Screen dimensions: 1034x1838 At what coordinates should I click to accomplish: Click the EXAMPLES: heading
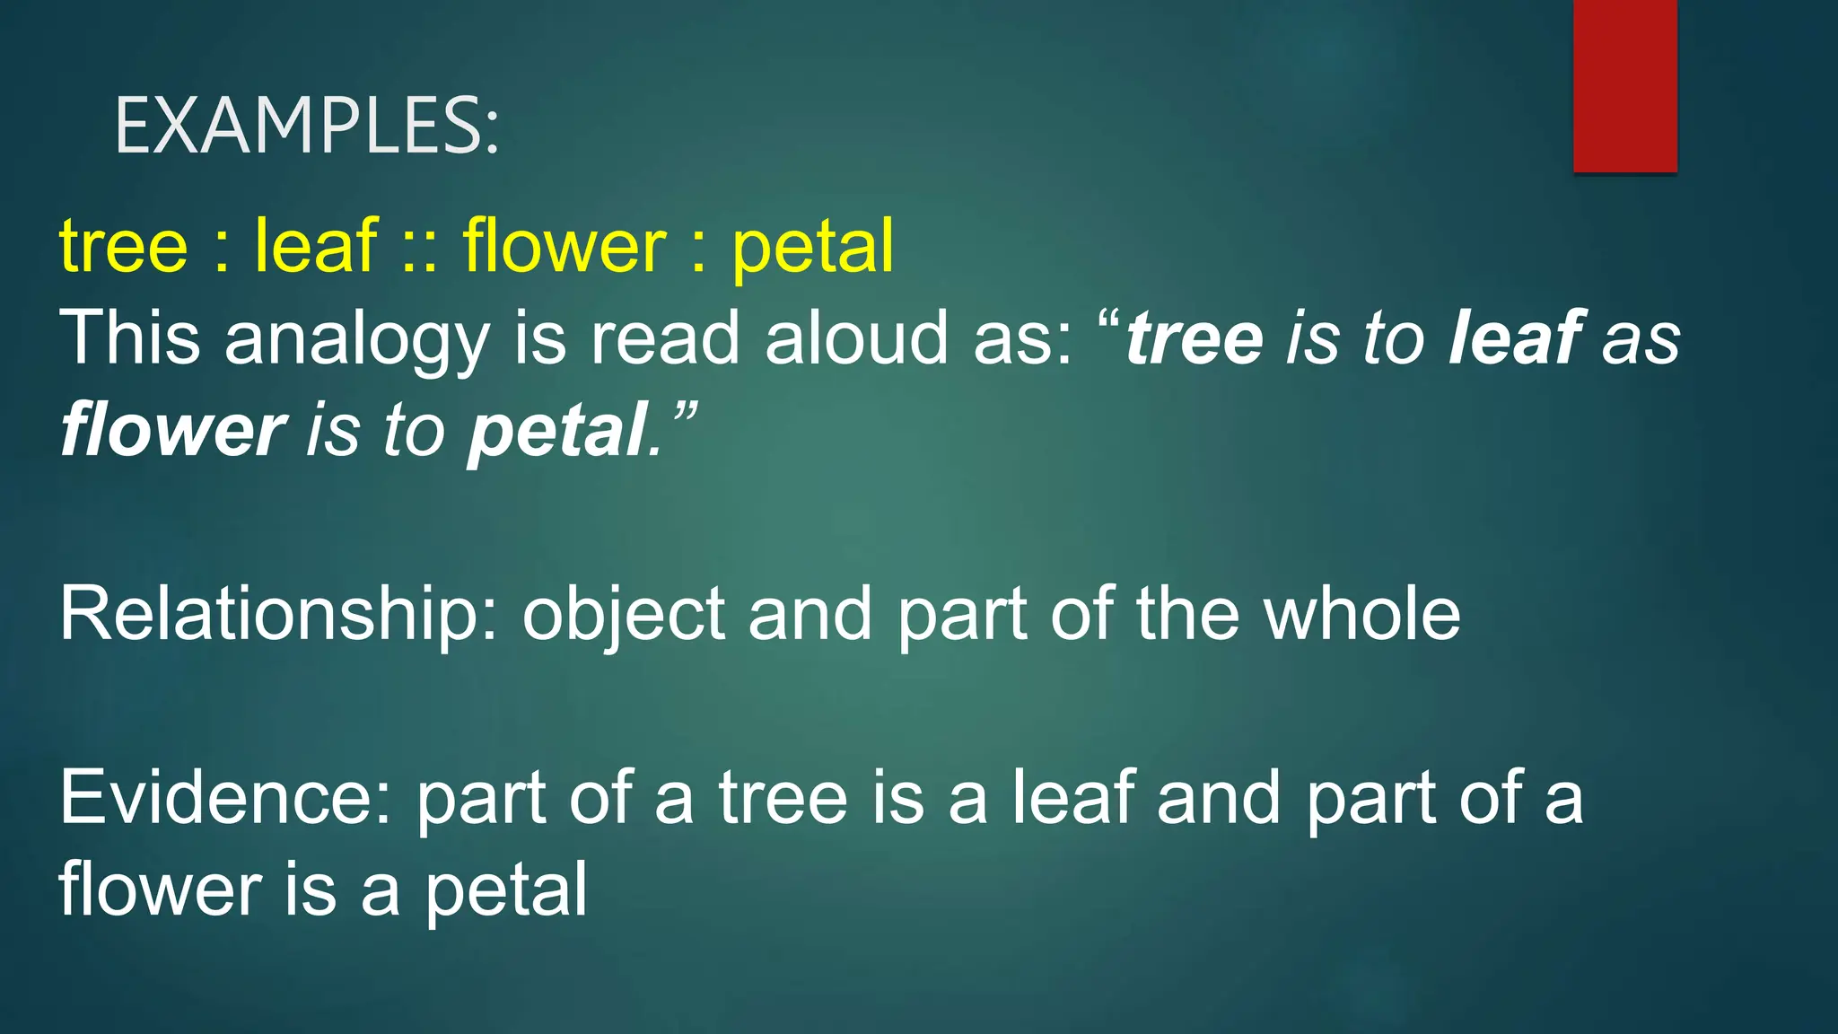(306, 127)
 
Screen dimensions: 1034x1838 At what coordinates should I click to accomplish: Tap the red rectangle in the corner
(1624, 85)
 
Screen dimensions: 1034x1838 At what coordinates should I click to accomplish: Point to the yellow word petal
(813, 249)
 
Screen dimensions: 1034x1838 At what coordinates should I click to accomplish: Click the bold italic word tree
(1195, 340)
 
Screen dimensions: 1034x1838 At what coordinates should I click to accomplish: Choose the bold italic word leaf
(1516, 338)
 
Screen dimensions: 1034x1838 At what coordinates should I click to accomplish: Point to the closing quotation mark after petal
(684, 415)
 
